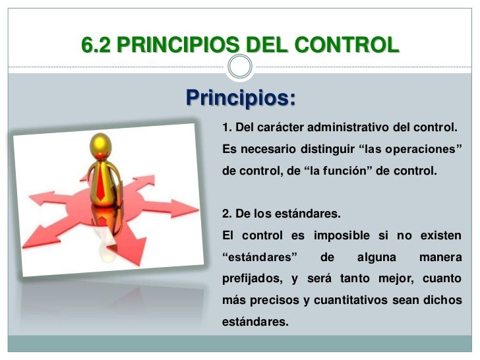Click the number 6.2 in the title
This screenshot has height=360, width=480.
coord(96,45)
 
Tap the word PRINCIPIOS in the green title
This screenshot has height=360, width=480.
coord(178,45)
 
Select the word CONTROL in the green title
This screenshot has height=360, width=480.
coord(347,45)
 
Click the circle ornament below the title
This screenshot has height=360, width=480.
coord(240,67)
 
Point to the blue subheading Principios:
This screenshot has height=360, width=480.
coord(241,98)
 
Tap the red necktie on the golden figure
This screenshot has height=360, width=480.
coord(101,181)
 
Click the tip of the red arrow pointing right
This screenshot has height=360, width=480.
coord(198,209)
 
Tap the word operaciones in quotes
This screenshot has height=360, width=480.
coord(421,149)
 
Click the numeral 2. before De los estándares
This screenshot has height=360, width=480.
coord(227,214)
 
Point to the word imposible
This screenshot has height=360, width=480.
coord(342,236)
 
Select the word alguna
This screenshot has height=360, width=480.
coord(376,257)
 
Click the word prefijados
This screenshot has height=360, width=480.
coord(251,278)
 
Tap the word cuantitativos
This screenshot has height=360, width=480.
coord(351,300)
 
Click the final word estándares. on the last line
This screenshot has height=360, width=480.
coord(255,322)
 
